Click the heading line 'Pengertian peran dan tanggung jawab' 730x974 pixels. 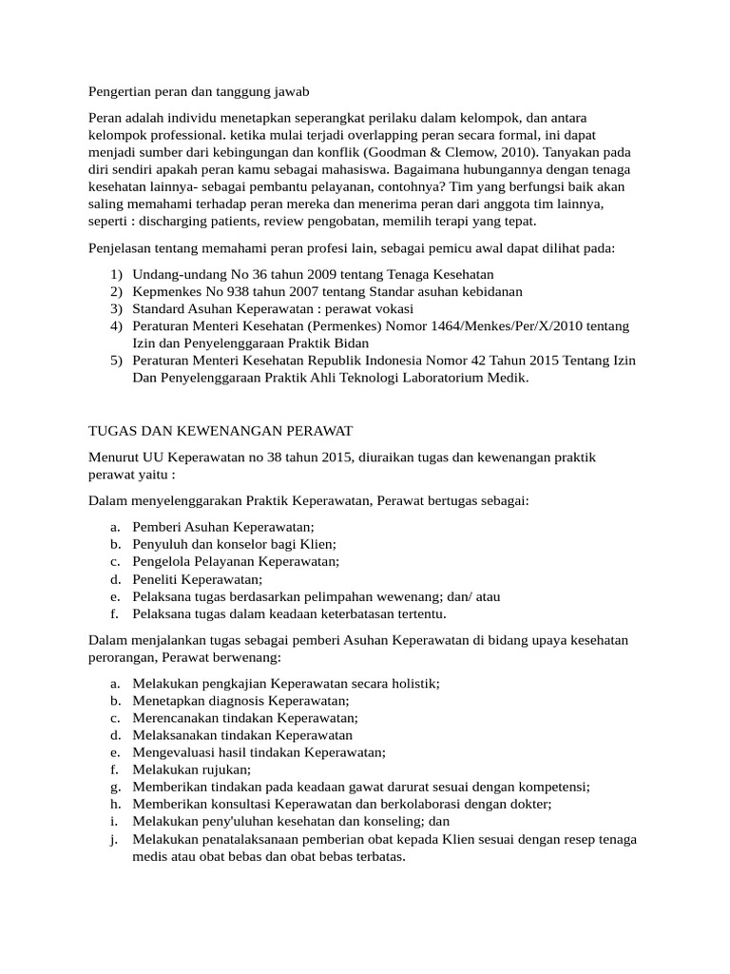click(x=199, y=91)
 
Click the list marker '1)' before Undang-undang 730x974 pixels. click(x=116, y=274)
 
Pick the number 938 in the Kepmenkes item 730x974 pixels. click(x=239, y=291)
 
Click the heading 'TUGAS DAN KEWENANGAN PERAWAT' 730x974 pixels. click(x=221, y=431)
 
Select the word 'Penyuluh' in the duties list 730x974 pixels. click(x=159, y=544)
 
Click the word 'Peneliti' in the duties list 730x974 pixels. click(x=156, y=578)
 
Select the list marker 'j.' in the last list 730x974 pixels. click(x=114, y=838)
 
